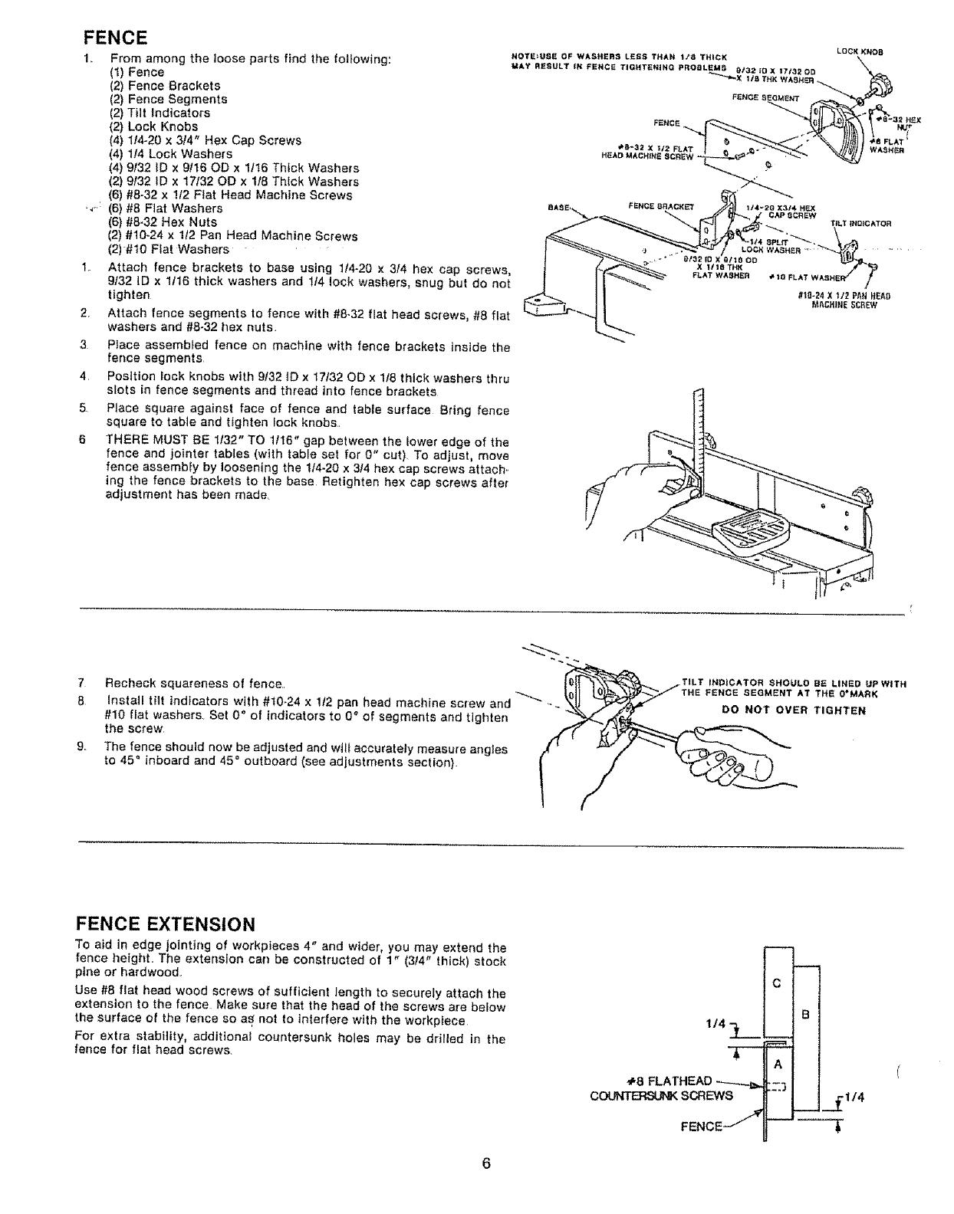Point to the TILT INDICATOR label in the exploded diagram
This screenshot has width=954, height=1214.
click(860, 224)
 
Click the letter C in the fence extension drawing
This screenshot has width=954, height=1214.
click(777, 985)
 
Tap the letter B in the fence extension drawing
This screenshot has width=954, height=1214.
click(804, 1015)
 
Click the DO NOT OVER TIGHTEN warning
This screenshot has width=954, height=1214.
click(794, 710)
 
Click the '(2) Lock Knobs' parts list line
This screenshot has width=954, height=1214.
click(153, 126)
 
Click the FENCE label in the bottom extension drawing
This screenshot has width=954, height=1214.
click(703, 1126)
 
